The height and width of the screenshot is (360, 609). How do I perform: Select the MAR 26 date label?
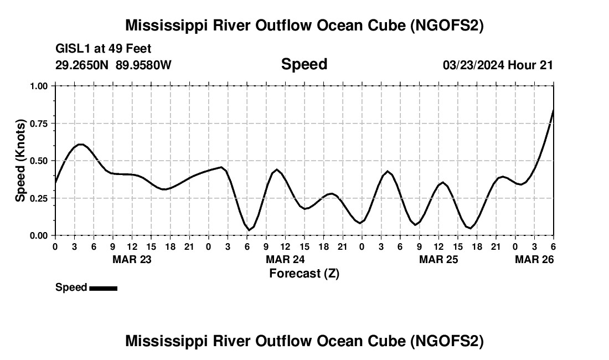[534, 259]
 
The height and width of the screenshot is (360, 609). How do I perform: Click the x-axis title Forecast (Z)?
[304, 273]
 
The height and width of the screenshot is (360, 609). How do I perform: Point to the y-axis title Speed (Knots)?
[20, 161]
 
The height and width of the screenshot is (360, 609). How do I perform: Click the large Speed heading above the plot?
[304, 64]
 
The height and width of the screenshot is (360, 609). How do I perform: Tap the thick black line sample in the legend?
[103, 288]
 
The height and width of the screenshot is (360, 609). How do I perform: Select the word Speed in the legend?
[71, 287]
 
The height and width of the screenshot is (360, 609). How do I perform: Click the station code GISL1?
[71, 49]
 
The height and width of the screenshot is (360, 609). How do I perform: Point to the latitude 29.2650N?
[83, 65]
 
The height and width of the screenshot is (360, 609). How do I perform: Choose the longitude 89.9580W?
[143, 65]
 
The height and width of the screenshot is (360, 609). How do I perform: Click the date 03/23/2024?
[473, 65]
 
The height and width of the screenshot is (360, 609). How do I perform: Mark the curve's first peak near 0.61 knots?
[80, 144]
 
